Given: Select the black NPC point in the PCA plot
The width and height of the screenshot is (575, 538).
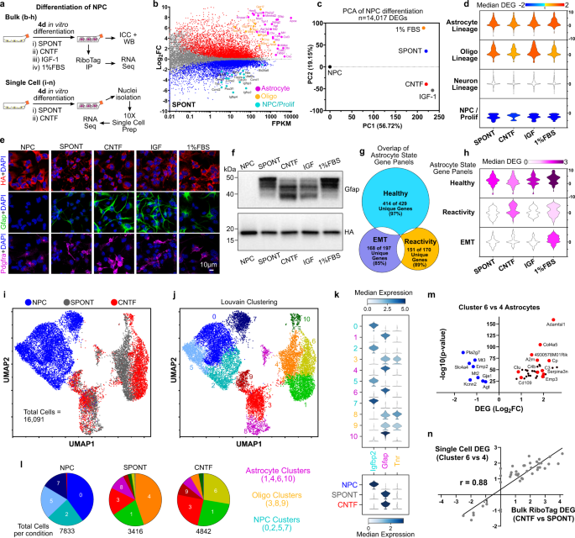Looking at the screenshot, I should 330,66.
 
